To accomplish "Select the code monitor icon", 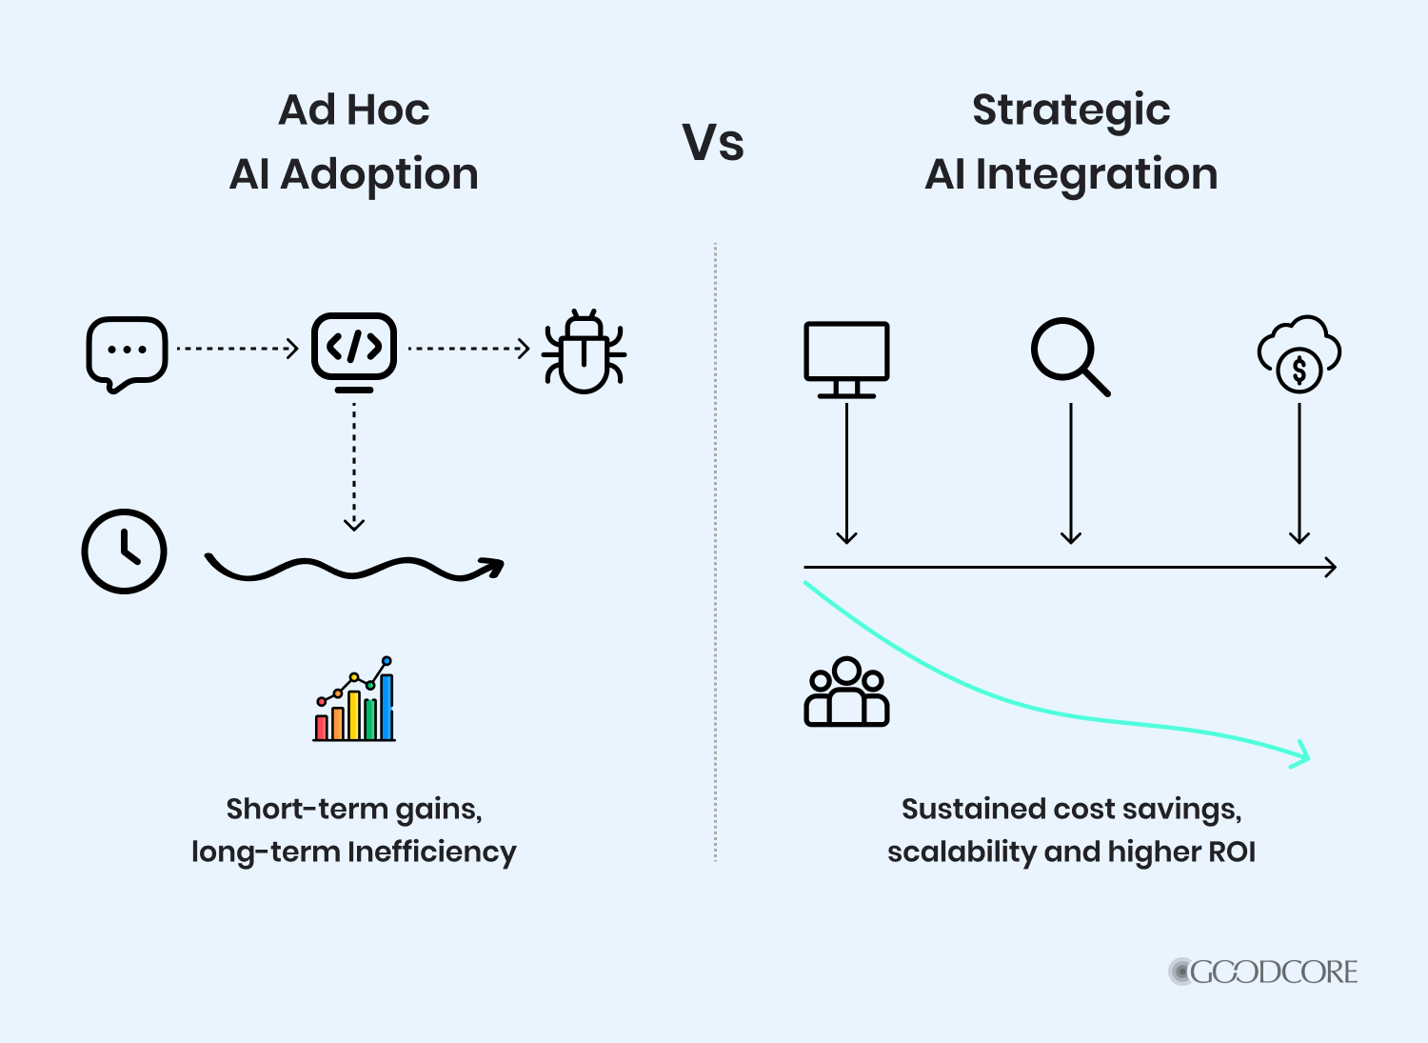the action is coord(354,352).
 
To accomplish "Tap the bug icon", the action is coord(584,351).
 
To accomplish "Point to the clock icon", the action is coord(125,552).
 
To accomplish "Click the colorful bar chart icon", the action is coord(354,698).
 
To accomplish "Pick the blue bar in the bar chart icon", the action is coord(387,707).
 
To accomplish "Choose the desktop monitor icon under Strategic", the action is coord(846,360).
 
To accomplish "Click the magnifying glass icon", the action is coord(1070,356).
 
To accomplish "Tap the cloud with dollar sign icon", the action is coord(1299,354).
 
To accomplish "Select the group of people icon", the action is coord(846,692).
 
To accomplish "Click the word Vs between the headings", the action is coord(713,142).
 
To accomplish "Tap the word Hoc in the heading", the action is coord(388,110).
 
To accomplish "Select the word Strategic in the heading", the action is coord(1071,112).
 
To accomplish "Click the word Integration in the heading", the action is coord(1097,175).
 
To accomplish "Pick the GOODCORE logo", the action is coord(1262,973).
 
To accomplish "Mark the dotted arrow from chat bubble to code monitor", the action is coord(238,349).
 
